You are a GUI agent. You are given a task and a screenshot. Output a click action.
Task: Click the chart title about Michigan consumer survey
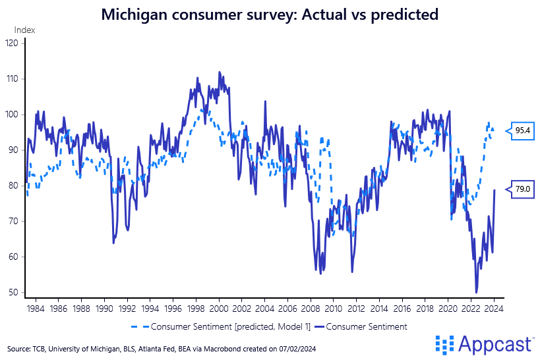pos(270,15)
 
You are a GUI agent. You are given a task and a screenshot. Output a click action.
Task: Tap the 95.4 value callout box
pos(523,131)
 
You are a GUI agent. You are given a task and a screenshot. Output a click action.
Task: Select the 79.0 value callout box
pos(523,189)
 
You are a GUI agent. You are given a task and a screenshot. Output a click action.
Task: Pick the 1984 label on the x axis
pos(35,307)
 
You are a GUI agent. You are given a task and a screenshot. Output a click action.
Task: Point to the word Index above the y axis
pos(25,30)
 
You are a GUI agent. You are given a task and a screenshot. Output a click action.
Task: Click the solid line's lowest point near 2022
pos(476,292)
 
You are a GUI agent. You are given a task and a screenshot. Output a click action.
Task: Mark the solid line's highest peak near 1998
pos(197,78)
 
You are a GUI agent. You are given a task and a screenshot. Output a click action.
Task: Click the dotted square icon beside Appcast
pos(446,344)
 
